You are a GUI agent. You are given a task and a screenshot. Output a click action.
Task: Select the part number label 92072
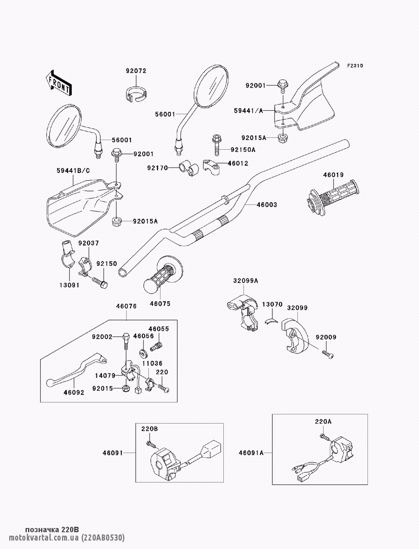(x=136, y=71)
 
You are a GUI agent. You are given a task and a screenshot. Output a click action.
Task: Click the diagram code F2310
(x=354, y=66)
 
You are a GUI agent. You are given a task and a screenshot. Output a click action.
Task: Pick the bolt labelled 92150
(x=100, y=281)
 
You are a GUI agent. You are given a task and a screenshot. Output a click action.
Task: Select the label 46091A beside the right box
(x=251, y=453)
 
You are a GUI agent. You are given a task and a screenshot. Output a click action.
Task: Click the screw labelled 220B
(x=150, y=443)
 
